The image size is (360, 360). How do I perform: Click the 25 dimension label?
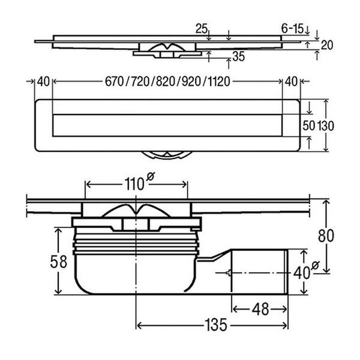202,29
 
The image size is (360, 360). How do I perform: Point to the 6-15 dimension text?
293,28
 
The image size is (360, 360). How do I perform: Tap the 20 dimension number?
327,45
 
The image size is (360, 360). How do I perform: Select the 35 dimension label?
239,56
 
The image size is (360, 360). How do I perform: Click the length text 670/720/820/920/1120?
167,82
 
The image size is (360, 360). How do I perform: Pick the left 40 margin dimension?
43,82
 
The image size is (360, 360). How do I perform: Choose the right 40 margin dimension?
292,82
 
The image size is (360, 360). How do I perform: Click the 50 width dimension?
309,126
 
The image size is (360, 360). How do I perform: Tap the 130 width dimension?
326,126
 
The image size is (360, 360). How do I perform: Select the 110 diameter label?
134,184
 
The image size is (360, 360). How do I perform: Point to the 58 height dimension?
59,262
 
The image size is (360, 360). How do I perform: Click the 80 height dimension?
326,236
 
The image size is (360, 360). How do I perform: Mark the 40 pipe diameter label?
302,273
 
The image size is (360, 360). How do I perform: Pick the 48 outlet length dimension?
260,309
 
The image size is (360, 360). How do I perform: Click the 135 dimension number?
215,325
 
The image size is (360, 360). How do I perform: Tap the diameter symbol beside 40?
316,265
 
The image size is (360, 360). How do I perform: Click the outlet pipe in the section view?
260,272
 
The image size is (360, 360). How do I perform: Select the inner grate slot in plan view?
167,125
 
